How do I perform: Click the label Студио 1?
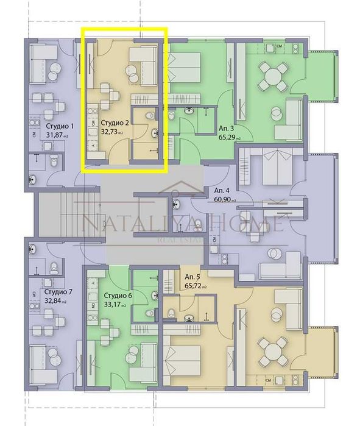click(59, 127)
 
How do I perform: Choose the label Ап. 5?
click(192, 276)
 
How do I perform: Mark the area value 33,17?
click(114, 305)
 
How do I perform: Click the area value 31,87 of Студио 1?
click(57, 136)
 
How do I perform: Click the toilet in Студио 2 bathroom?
click(150, 115)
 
